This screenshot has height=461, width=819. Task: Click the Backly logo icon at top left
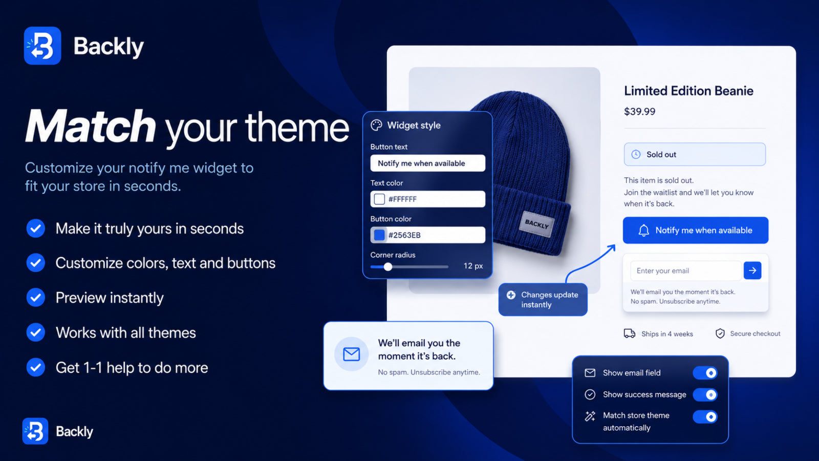(42, 46)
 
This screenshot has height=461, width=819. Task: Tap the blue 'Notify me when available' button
(696, 230)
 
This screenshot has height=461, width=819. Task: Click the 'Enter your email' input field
(686, 271)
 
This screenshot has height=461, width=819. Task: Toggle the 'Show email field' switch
(705, 373)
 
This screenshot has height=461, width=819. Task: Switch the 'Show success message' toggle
(705, 395)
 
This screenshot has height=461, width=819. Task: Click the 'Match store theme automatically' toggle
(705, 417)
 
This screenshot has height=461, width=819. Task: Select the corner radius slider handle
(388, 267)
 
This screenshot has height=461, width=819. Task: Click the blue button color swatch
(379, 235)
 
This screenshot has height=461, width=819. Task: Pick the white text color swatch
(379, 199)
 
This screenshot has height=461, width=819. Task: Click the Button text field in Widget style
(428, 163)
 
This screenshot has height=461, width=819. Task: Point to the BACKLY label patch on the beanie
(537, 224)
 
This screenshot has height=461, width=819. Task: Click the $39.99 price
(639, 112)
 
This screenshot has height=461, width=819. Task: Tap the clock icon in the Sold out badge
(636, 154)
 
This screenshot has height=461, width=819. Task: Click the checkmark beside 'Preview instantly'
(35, 298)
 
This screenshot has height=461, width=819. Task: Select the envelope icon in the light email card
(351, 354)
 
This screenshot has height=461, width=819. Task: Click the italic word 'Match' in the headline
(91, 126)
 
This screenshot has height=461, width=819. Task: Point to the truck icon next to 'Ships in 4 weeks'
(629, 333)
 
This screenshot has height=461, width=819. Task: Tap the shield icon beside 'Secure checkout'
(720, 333)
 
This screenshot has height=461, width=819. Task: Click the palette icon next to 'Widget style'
(376, 125)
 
